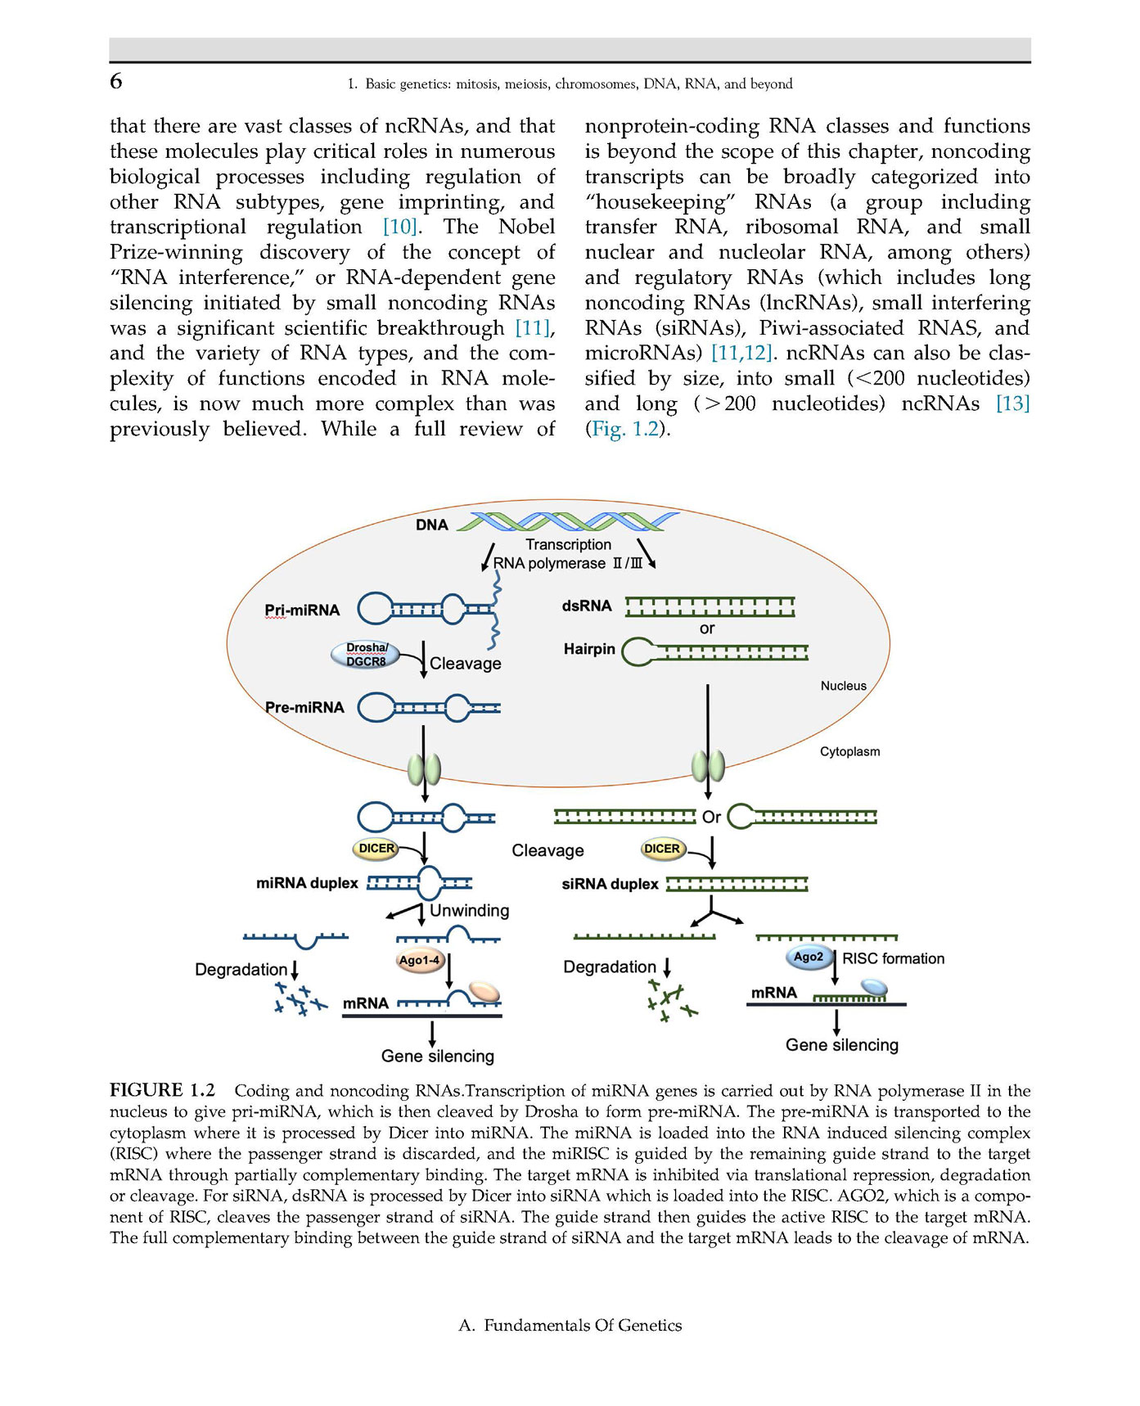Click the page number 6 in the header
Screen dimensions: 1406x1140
[116, 81]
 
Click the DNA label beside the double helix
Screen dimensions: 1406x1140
[431, 525]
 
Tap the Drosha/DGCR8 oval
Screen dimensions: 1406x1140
[366, 655]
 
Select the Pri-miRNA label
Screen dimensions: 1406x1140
[301, 611]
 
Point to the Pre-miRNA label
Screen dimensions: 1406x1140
[304, 708]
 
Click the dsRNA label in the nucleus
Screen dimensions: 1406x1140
[587, 606]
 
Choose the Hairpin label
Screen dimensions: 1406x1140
[588, 650]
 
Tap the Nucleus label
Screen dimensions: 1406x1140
[843, 686]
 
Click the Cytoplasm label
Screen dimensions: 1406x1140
[849, 751]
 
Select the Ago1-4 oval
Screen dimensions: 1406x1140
[419, 960]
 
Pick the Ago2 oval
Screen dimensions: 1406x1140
[809, 957]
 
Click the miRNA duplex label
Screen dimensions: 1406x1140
[307, 883]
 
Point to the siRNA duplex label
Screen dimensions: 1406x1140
[610, 884]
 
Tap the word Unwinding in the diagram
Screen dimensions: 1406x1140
[469, 911]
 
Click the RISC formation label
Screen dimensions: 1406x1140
[893, 958]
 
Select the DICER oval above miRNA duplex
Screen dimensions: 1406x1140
[376, 849]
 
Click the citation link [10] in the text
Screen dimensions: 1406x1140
[400, 227]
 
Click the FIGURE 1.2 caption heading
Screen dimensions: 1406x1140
[162, 1090]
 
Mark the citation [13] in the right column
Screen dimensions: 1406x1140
[1012, 403]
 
